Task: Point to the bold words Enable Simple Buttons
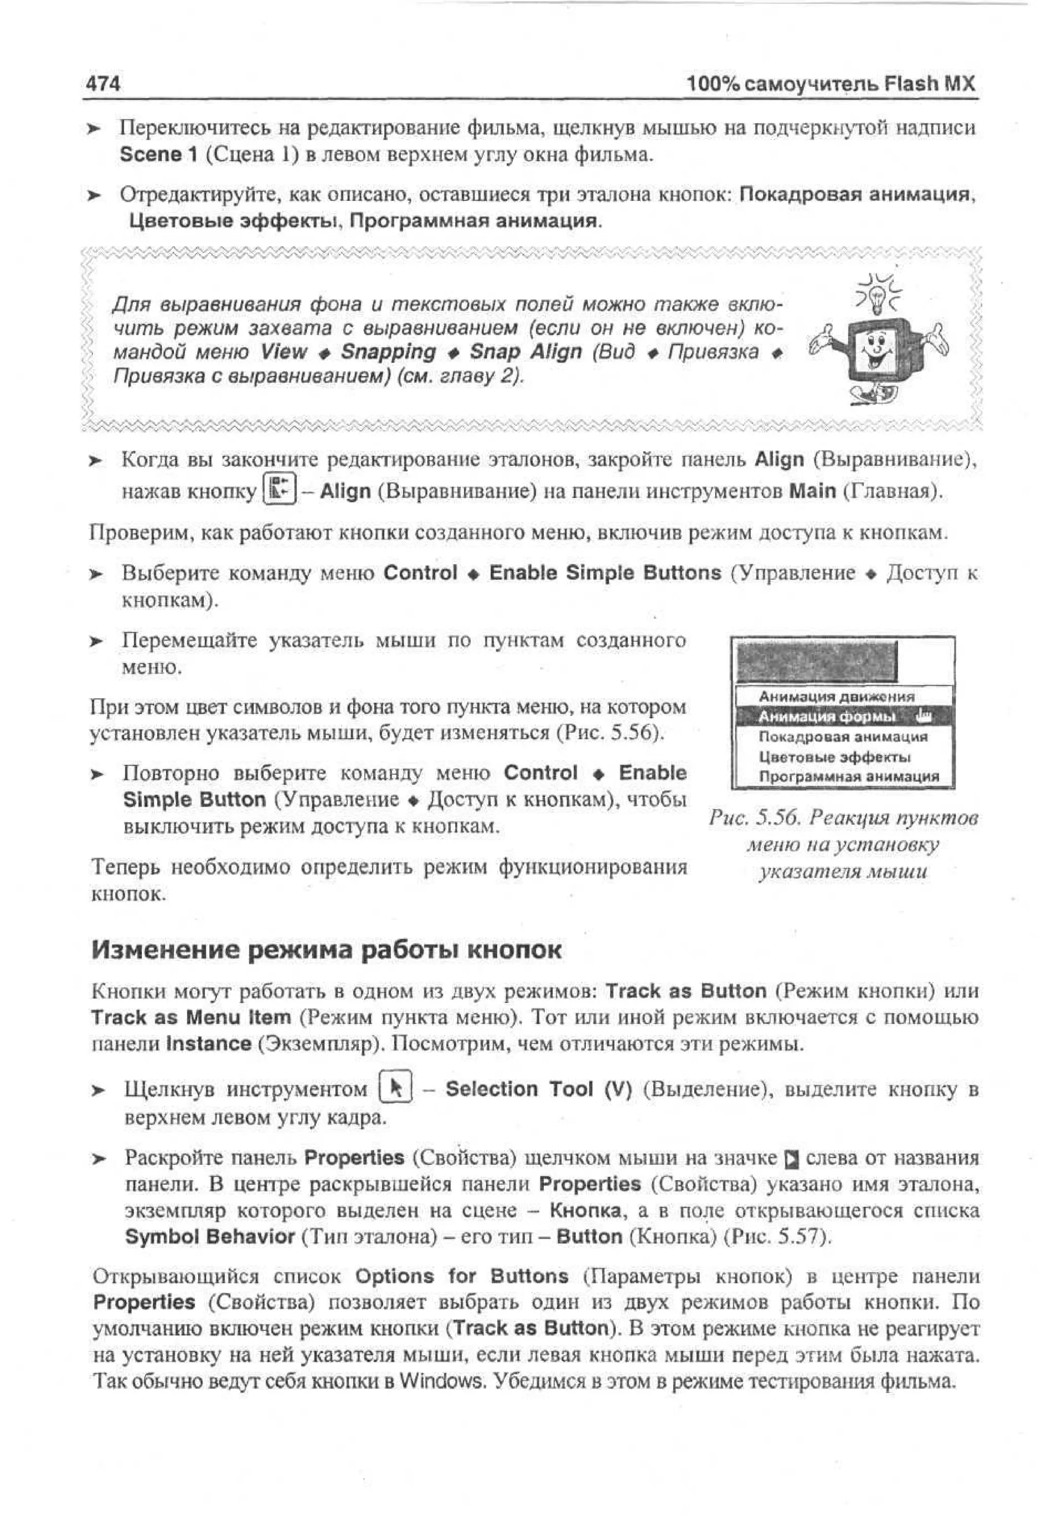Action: [x=605, y=573]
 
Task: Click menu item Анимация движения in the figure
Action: [x=836, y=697]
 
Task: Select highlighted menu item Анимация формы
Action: [x=826, y=717]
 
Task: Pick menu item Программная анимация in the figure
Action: [x=848, y=777]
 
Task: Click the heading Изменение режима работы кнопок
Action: [x=326, y=949]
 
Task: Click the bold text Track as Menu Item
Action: [x=191, y=1017]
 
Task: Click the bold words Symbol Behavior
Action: [x=210, y=1237]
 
